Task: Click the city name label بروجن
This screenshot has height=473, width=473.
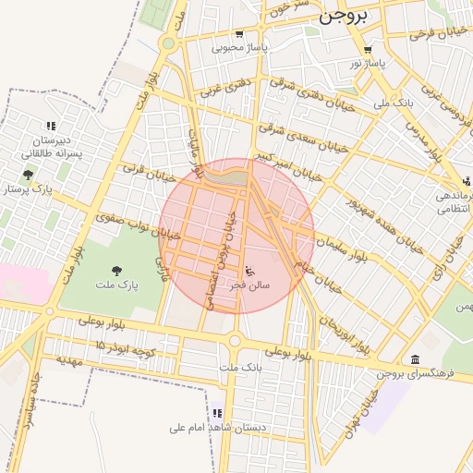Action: click(x=343, y=16)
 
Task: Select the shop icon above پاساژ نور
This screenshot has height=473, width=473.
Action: click(x=369, y=50)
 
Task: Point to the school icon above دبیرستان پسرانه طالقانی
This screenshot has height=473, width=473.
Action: click(x=51, y=126)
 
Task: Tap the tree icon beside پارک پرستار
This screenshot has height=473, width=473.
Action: click(x=30, y=173)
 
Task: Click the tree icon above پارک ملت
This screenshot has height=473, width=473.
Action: click(x=115, y=270)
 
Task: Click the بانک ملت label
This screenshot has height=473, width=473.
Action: click(x=235, y=368)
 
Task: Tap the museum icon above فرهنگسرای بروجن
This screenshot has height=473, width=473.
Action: click(x=414, y=358)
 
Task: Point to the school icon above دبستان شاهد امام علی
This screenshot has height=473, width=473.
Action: click(x=217, y=413)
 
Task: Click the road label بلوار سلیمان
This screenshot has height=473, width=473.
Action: click(x=341, y=248)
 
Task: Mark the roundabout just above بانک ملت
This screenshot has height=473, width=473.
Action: click(x=234, y=341)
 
